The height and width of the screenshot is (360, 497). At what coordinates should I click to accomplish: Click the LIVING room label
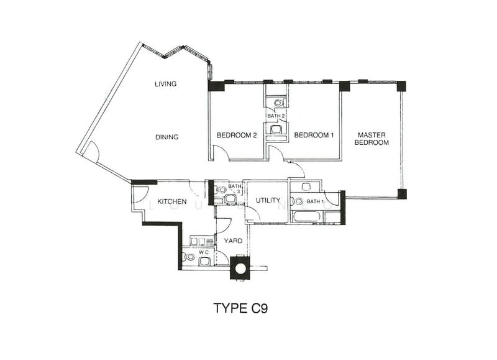click(165, 84)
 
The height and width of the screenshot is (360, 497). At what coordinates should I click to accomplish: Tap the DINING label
click(166, 137)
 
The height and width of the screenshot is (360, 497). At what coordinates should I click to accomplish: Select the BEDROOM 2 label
click(237, 136)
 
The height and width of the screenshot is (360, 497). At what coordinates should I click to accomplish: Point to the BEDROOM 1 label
click(314, 135)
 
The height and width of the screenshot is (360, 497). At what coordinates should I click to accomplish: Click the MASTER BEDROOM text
click(372, 139)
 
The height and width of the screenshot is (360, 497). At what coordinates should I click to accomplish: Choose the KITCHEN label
click(172, 201)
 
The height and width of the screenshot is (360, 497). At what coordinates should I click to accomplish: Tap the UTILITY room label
click(268, 200)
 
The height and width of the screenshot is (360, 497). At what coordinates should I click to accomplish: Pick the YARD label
click(233, 241)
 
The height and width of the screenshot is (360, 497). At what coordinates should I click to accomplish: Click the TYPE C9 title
click(241, 308)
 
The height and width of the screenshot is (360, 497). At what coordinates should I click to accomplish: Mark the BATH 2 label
click(276, 116)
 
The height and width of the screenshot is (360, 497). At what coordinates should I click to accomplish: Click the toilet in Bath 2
click(278, 103)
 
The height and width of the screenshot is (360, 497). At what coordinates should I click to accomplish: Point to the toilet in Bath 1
click(298, 201)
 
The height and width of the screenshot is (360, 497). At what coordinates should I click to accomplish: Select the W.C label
click(203, 252)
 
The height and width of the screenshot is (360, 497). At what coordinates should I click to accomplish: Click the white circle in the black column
click(240, 269)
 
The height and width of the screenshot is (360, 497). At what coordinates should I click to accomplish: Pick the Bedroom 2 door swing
click(221, 152)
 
